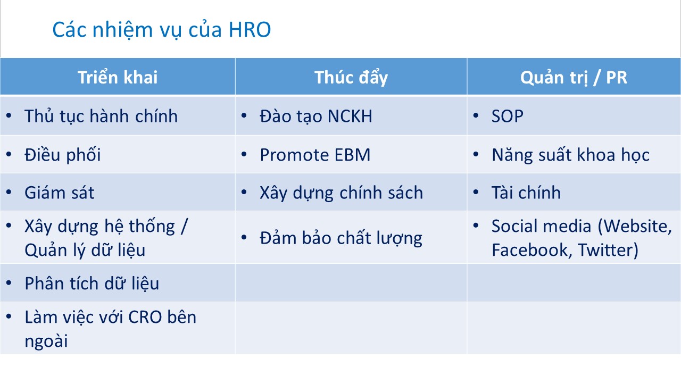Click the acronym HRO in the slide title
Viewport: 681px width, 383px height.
click(250, 30)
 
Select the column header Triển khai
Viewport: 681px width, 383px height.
click(118, 77)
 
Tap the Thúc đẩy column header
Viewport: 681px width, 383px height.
click(351, 78)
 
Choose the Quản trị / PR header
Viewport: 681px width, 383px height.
click(574, 78)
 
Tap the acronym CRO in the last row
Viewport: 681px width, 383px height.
click(145, 318)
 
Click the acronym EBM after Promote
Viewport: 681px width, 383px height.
click(352, 155)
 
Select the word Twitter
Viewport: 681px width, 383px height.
click(608, 250)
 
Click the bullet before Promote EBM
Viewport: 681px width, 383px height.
click(244, 154)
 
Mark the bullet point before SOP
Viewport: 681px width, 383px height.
click(476, 115)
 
